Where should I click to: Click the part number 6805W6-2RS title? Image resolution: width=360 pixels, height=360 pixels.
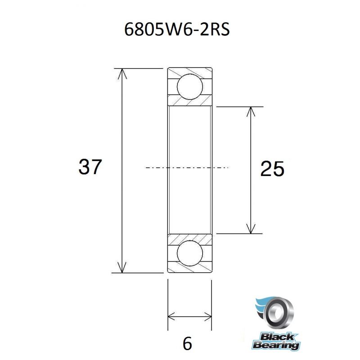coord(177,30)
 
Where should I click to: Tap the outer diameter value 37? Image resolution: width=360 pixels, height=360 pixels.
coord(90,167)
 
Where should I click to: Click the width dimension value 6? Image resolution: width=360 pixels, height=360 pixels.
coord(187,344)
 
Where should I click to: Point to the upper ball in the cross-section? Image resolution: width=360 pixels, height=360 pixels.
coord(190,87)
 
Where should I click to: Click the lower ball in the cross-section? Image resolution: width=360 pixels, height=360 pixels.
coord(190,253)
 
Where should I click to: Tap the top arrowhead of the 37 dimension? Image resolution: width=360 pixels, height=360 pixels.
coord(121,73)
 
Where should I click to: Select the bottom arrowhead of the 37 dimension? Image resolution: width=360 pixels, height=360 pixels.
coord(121,267)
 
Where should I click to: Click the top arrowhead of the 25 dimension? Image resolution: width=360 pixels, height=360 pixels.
coord(251,112)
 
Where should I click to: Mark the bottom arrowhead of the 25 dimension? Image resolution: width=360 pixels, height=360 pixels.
coord(251,229)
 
